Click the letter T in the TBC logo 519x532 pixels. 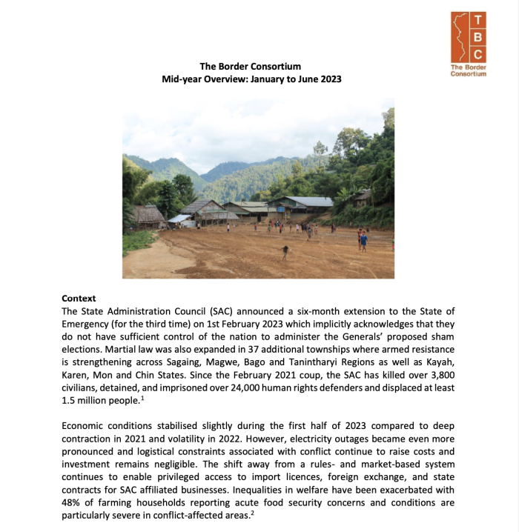478,20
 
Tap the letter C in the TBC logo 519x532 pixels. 478,54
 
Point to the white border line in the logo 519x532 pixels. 460,37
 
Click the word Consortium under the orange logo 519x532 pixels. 469,74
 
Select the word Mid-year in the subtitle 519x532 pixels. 181,79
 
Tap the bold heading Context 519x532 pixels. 79,299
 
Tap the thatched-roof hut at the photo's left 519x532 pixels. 148,216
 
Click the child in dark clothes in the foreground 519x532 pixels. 285,252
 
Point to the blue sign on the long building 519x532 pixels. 179,219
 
